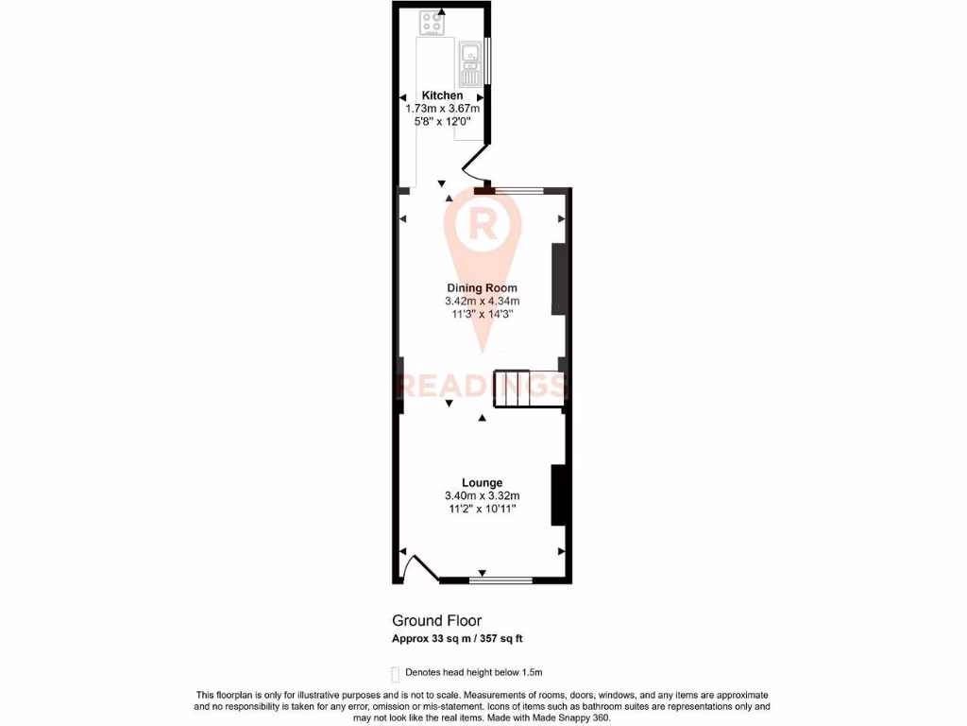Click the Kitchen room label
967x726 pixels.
pyautogui.click(x=442, y=95)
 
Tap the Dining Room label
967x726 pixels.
pyautogui.click(x=482, y=287)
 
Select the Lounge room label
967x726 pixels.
pyautogui.click(x=482, y=482)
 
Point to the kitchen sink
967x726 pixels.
pyautogui.click(x=469, y=64)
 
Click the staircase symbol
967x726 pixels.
pyautogui.click(x=523, y=389)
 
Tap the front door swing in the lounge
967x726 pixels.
pyautogui.click(x=416, y=567)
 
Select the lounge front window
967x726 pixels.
pyautogui.click(x=500, y=579)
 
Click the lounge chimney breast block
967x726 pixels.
pyautogui.click(x=557, y=493)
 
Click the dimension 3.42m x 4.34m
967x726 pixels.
pyautogui.click(x=482, y=301)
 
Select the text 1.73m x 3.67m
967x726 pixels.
pyautogui.click(x=442, y=109)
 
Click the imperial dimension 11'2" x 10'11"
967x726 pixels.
pyautogui.click(x=482, y=509)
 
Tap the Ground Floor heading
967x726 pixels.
pyautogui.click(x=437, y=621)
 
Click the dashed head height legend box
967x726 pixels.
pyautogui.click(x=395, y=674)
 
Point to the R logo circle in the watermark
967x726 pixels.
pyautogui.click(x=482, y=225)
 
